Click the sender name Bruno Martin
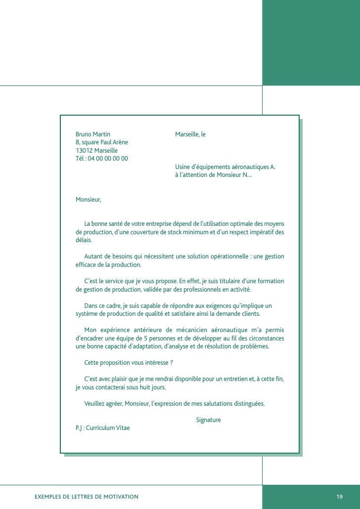(92, 134)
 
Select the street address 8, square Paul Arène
(101, 142)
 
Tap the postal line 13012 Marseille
(96, 150)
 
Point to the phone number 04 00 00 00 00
(108, 159)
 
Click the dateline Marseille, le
(190, 134)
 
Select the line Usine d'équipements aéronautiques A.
(225, 167)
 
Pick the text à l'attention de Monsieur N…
(213, 175)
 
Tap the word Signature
(208, 420)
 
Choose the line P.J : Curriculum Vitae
(102, 427)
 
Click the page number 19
(339, 496)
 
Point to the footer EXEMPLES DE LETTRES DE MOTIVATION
(87, 496)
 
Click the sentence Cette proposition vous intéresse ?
(129, 362)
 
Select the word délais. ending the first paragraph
(84, 240)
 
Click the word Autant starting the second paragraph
(93, 256)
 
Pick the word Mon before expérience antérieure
(90, 330)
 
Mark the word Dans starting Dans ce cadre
(91, 305)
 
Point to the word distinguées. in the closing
(248, 403)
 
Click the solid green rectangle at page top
(311, 42)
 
